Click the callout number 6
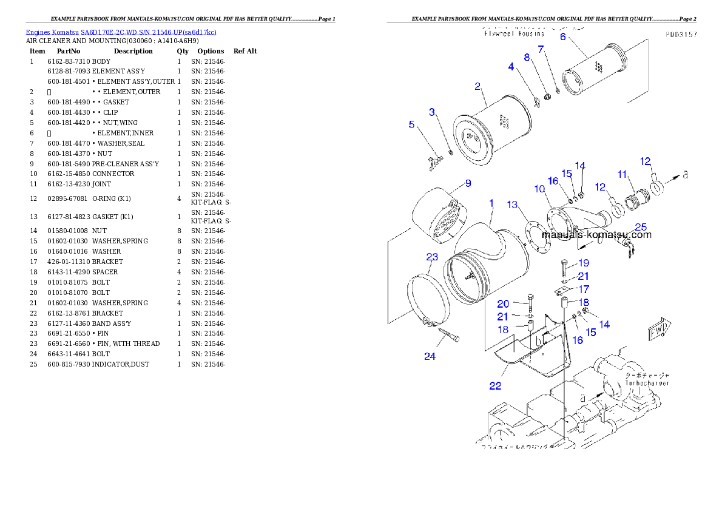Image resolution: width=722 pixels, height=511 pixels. [562, 36]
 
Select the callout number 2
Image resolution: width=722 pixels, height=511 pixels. [477, 86]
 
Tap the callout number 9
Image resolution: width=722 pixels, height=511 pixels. [467, 183]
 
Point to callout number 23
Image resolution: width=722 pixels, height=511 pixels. [431, 257]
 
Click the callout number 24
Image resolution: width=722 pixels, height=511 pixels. [430, 356]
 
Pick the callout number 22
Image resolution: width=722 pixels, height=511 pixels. [495, 386]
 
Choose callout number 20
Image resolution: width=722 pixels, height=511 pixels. [503, 303]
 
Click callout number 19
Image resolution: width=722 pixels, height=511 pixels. [583, 263]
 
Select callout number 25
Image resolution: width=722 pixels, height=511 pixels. [641, 227]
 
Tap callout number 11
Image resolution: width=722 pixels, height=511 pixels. [622, 174]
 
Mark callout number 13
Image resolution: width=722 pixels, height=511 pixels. [513, 205]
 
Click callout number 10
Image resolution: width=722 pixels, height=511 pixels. [539, 189]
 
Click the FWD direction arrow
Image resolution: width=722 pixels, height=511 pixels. [659, 330]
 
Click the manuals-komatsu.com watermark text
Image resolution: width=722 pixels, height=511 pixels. [596, 235]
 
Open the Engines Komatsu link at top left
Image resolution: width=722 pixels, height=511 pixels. [121, 32]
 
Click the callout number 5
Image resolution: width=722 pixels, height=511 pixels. [411, 124]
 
